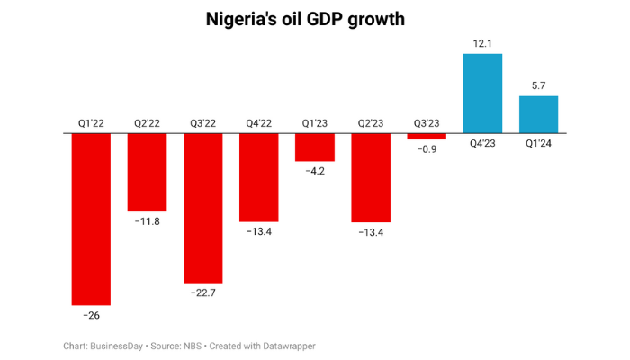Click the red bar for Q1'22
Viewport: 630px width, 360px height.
91,219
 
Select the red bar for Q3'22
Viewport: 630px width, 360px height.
202,208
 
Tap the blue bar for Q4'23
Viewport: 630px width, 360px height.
482,94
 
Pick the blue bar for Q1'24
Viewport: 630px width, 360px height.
538,114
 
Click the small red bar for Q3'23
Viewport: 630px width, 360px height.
427,136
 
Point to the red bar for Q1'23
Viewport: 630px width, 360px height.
315,147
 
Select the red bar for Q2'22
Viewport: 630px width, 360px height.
147,172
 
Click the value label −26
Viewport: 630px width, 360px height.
91,316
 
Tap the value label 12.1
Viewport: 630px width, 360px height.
482,42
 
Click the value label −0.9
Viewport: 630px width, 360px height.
427,149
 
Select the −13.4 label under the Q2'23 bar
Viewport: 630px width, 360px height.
371,233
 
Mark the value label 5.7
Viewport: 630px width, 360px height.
538,85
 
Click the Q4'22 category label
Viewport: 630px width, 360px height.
258,123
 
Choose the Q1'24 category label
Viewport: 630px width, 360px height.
538,142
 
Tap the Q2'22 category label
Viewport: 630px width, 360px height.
147,123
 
